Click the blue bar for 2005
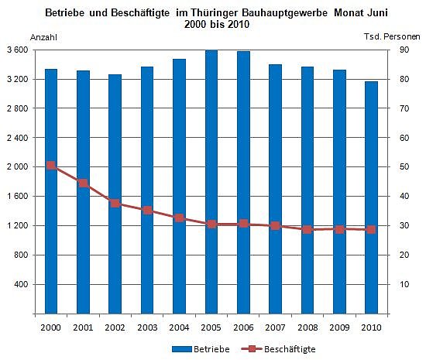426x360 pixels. click(x=211, y=182)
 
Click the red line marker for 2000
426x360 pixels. click(x=51, y=166)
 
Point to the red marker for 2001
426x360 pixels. click(x=83, y=183)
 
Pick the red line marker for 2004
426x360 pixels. click(x=179, y=218)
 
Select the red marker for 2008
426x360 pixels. click(x=307, y=229)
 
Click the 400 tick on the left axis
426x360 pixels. click(x=20, y=285)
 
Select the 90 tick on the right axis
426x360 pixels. click(x=404, y=50)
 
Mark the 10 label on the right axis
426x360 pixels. click(x=404, y=285)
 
